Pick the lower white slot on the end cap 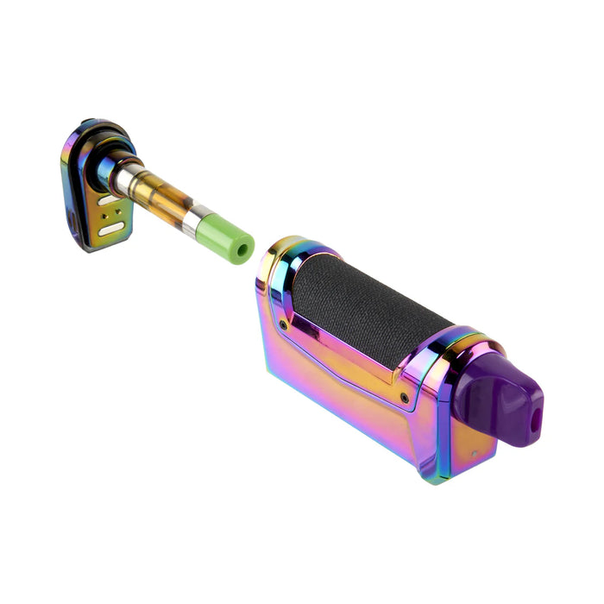click(113, 230)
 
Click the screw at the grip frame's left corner click(283, 324)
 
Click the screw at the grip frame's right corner click(405, 398)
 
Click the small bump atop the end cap click(86, 123)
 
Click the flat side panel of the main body click(337, 388)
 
